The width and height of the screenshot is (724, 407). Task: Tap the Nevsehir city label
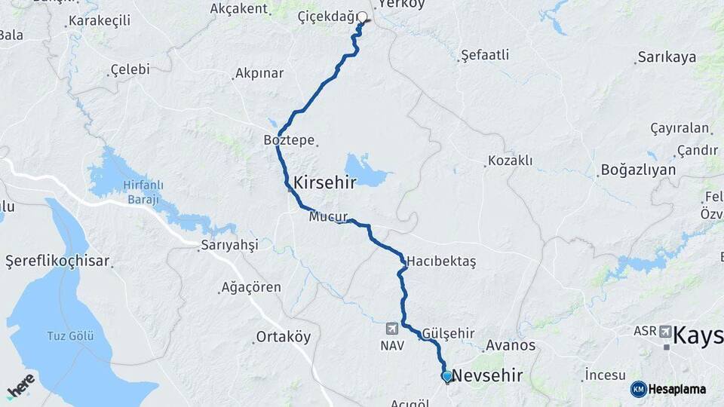pyautogui.click(x=488, y=375)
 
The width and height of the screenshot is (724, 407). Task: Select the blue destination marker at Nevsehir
pyautogui.click(x=447, y=375)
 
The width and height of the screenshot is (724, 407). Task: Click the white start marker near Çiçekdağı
pyautogui.click(x=362, y=17)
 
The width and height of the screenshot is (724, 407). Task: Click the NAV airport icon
pyautogui.click(x=392, y=329)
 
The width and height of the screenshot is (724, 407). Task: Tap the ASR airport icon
pyautogui.click(x=665, y=331)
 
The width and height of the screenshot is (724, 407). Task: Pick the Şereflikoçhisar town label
pyautogui.click(x=58, y=262)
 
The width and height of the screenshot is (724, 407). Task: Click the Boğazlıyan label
pyautogui.click(x=638, y=170)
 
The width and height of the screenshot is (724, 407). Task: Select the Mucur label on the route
pyautogui.click(x=328, y=217)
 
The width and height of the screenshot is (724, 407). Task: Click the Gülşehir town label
pyautogui.click(x=449, y=333)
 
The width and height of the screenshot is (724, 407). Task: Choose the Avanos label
pyautogui.click(x=511, y=346)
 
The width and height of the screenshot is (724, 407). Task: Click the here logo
pyautogui.click(x=20, y=385)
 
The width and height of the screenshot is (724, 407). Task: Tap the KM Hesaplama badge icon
pyautogui.click(x=639, y=389)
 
